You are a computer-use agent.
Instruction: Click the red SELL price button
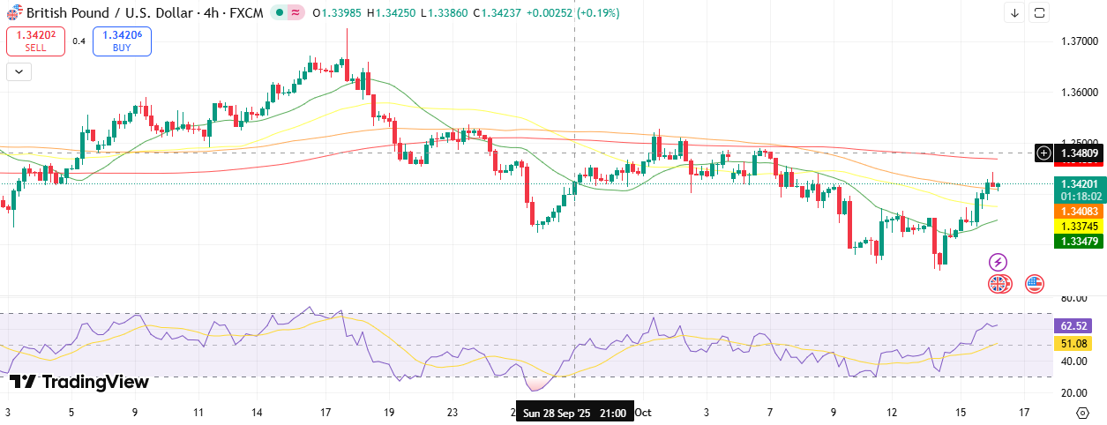pos(35,41)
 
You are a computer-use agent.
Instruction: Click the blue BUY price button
pos(122,41)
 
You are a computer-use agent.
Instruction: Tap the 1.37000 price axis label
pos(1079,41)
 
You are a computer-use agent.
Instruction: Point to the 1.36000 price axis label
pos(1079,92)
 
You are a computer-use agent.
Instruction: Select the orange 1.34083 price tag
pos(1080,212)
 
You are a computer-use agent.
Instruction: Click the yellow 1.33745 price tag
pos(1080,227)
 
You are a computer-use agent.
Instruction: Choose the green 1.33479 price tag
pos(1080,242)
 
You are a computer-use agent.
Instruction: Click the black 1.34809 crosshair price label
pos(1080,153)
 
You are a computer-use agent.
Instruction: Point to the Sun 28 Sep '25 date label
pos(574,413)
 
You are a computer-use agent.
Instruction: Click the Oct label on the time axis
pos(643,413)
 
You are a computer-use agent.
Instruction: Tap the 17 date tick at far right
pos(1024,413)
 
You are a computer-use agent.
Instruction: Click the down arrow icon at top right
pos(1014,12)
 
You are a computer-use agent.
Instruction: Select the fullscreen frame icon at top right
pos(1040,12)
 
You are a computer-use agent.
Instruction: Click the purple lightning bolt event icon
pos(998,262)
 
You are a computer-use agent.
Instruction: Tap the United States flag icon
pos(1034,284)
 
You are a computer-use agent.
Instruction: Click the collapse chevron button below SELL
pos(19,72)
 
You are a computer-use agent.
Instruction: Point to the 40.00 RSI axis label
pos(1073,362)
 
